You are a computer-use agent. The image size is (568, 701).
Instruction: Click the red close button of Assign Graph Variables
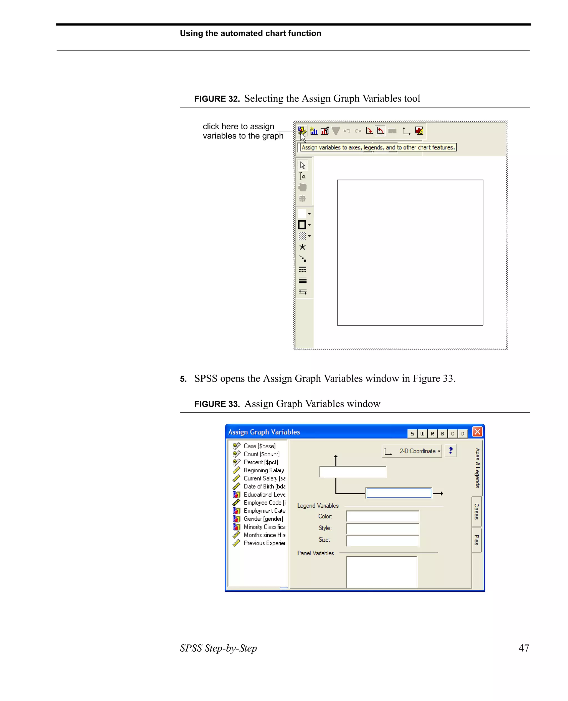click(477, 432)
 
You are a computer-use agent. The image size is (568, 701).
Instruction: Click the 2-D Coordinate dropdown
click(412, 451)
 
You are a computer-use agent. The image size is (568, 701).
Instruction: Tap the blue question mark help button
click(450, 450)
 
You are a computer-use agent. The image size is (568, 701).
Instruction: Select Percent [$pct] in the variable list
click(260, 462)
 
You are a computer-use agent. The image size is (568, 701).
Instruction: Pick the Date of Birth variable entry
click(264, 486)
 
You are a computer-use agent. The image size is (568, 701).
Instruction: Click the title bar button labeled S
click(412, 433)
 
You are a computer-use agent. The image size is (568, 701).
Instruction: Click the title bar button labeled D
click(462, 433)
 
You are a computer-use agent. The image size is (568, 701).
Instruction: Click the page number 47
click(524, 648)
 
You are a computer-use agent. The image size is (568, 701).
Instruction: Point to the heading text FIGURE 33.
click(217, 404)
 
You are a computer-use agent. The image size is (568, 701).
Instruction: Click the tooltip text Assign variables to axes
click(378, 147)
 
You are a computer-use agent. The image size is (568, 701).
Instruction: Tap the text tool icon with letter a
click(303, 176)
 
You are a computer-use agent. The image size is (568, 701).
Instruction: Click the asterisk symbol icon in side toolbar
click(302, 247)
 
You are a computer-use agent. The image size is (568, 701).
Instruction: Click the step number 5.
click(183, 379)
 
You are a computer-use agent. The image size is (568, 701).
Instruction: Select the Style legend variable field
click(382, 528)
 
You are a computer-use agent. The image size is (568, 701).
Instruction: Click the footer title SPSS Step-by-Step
click(218, 648)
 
